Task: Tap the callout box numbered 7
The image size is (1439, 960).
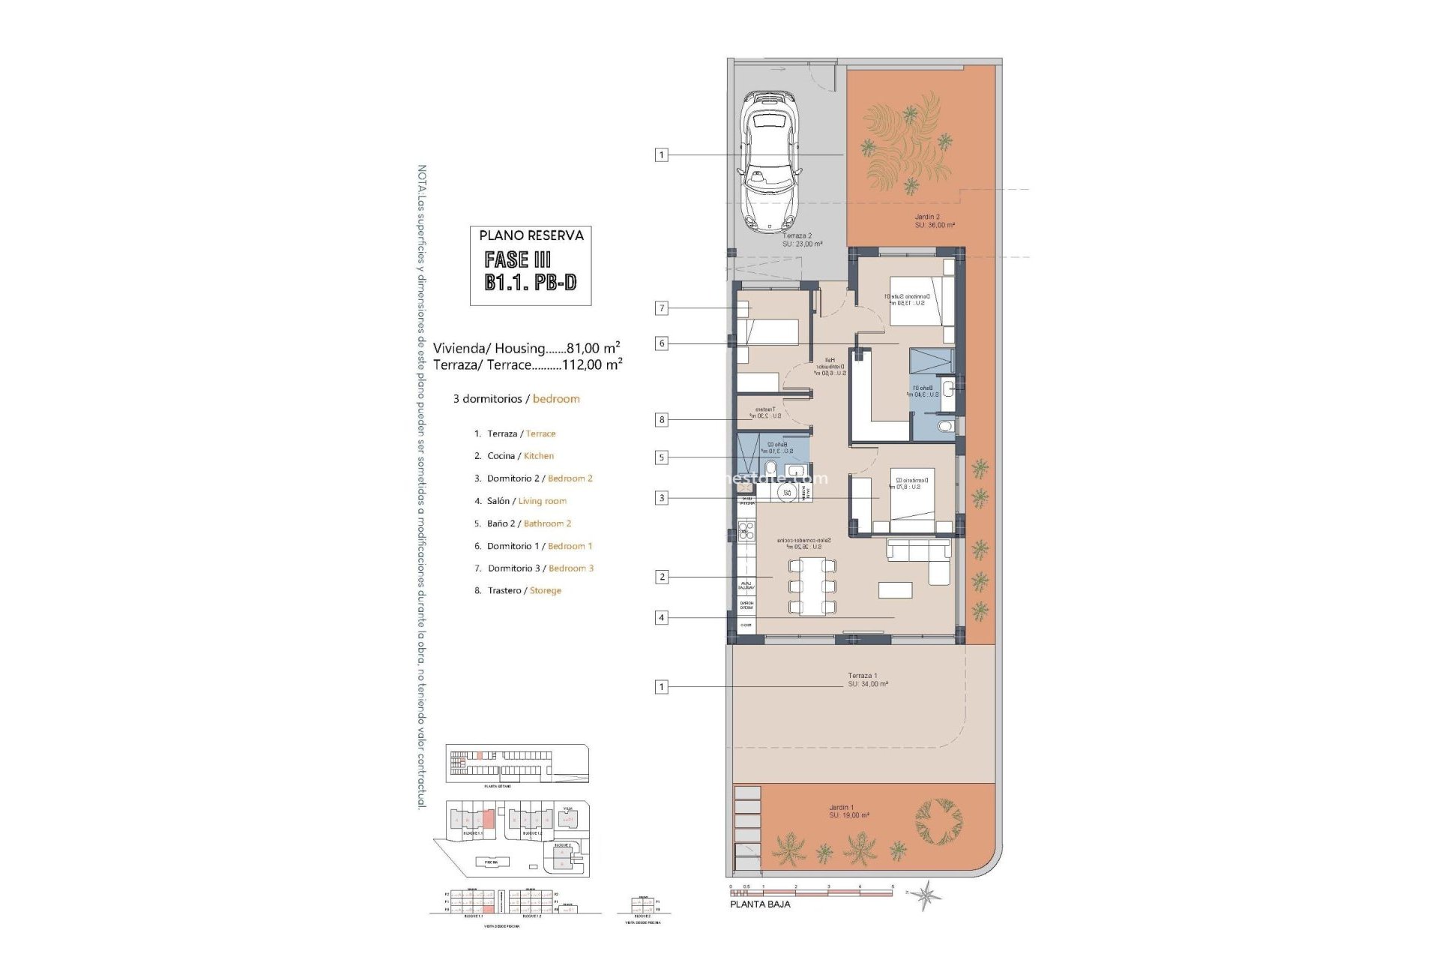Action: pyautogui.click(x=661, y=307)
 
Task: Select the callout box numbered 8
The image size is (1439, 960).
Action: pyautogui.click(x=661, y=420)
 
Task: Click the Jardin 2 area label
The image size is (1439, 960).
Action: pyautogui.click(x=934, y=221)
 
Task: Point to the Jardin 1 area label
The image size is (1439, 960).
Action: pyautogui.click(x=848, y=811)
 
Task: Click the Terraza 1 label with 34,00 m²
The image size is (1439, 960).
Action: pyautogui.click(x=867, y=679)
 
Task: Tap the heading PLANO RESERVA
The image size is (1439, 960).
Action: pyautogui.click(x=531, y=235)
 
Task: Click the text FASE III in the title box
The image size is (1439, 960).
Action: pyautogui.click(x=517, y=260)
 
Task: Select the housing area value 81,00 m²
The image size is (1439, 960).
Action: pyautogui.click(x=593, y=348)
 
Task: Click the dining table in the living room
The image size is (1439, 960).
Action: pyautogui.click(x=812, y=586)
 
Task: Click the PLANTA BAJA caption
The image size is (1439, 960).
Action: pyautogui.click(x=760, y=904)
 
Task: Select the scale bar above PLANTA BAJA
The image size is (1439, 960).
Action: pyautogui.click(x=811, y=892)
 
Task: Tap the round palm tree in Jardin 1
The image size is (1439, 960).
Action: pyautogui.click(x=938, y=820)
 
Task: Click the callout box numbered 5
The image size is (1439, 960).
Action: pyautogui.click(x=661, y=457)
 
